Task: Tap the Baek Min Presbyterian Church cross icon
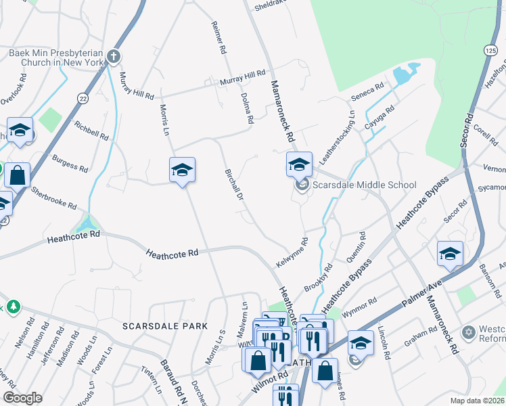(x=114, y=56)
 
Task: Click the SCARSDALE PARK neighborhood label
(x=164, y=326)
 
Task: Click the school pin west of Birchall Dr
(x=182, y=171)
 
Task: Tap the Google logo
(x=22, y=398)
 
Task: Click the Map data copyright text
(x=476, y=401)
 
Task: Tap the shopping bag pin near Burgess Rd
(x=17, y=175)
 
